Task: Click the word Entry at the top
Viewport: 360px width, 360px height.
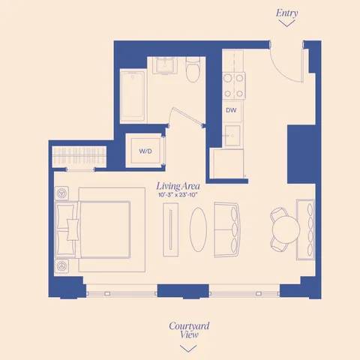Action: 286,13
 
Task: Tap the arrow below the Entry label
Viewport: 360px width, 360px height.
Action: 286,24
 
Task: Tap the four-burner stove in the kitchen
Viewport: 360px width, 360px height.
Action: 233,81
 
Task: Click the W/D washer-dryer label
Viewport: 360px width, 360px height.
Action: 145,151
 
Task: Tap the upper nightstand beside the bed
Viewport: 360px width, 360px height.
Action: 61,193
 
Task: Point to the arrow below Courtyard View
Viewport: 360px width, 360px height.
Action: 189,348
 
